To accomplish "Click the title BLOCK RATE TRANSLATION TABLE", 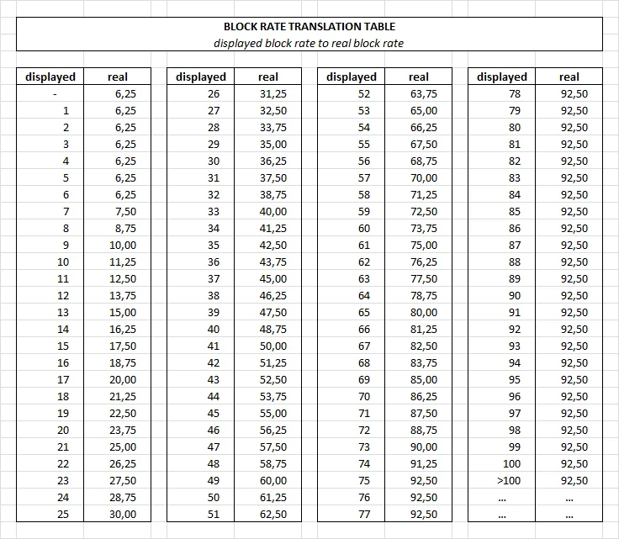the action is tap(309, 27).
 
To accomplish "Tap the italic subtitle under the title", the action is tap(309, 43).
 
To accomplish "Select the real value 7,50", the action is tap(124, 211).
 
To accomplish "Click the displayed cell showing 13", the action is tap(63, 312).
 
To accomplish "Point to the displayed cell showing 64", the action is tap(363, 295).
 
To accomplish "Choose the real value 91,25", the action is tap(423, 463).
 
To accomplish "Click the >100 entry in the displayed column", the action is tap(511, 480).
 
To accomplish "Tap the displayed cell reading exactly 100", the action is tap(511, 463).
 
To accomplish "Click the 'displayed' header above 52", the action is tap(352, 77).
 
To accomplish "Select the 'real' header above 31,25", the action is tap(268, 77).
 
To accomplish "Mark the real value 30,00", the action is tap(124, 514).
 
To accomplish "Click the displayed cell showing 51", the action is tap(213, 514).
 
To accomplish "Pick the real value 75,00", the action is tap(423, 245).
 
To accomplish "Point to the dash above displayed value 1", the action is tap(55, 94).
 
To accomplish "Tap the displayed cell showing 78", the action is tap(515, 93).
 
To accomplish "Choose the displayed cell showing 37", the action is tap(213, 278).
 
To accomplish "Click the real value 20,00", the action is tap(124, 379).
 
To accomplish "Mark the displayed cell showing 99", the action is tap(515, 447).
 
